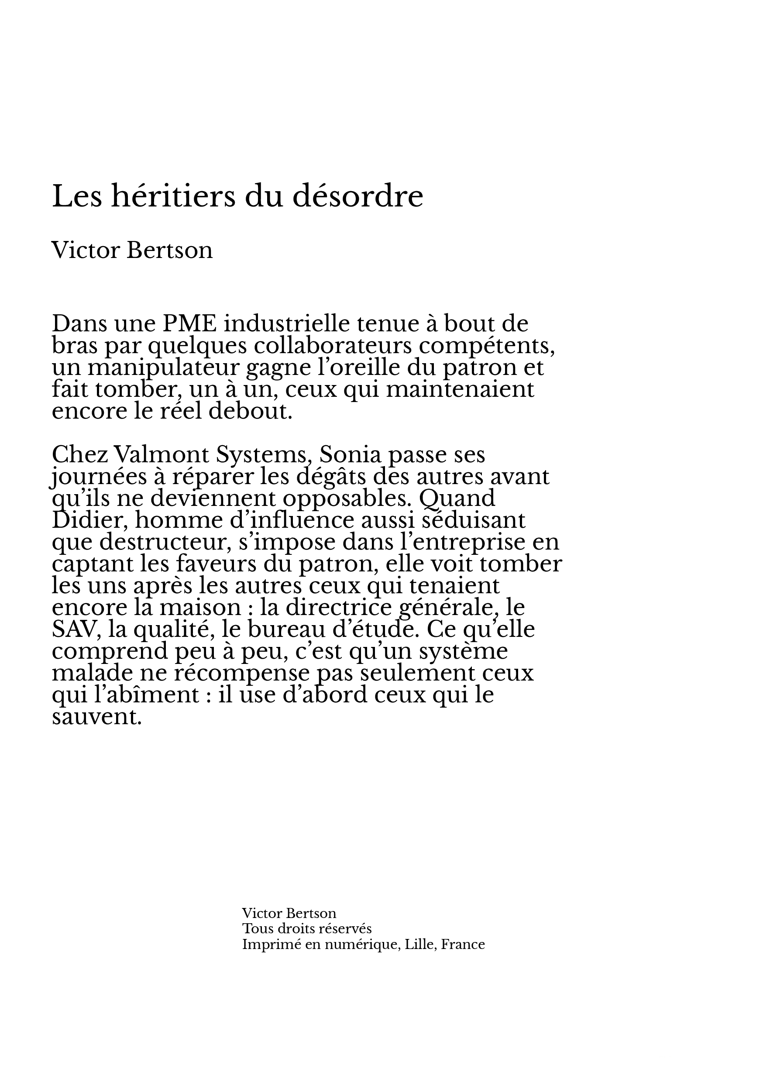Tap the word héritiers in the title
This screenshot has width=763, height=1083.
[172, 197]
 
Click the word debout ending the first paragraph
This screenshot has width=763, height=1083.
[251, 411]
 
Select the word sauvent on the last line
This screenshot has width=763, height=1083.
[96, 716]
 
